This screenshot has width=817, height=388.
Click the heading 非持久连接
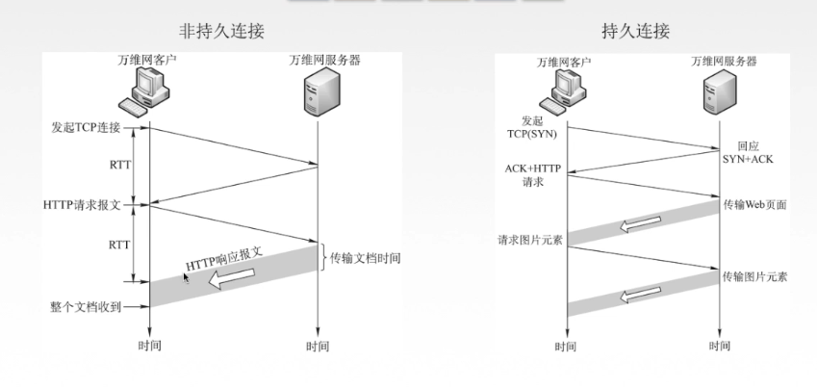[227, 31]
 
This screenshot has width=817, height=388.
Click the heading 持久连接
[635, 31]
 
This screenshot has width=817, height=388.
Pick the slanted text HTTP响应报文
[224, 258]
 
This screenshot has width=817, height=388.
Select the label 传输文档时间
[365, 258]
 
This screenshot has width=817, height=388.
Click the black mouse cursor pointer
[187, 276]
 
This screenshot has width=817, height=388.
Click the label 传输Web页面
[754, 206]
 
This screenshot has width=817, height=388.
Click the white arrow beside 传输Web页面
[635, 225]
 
